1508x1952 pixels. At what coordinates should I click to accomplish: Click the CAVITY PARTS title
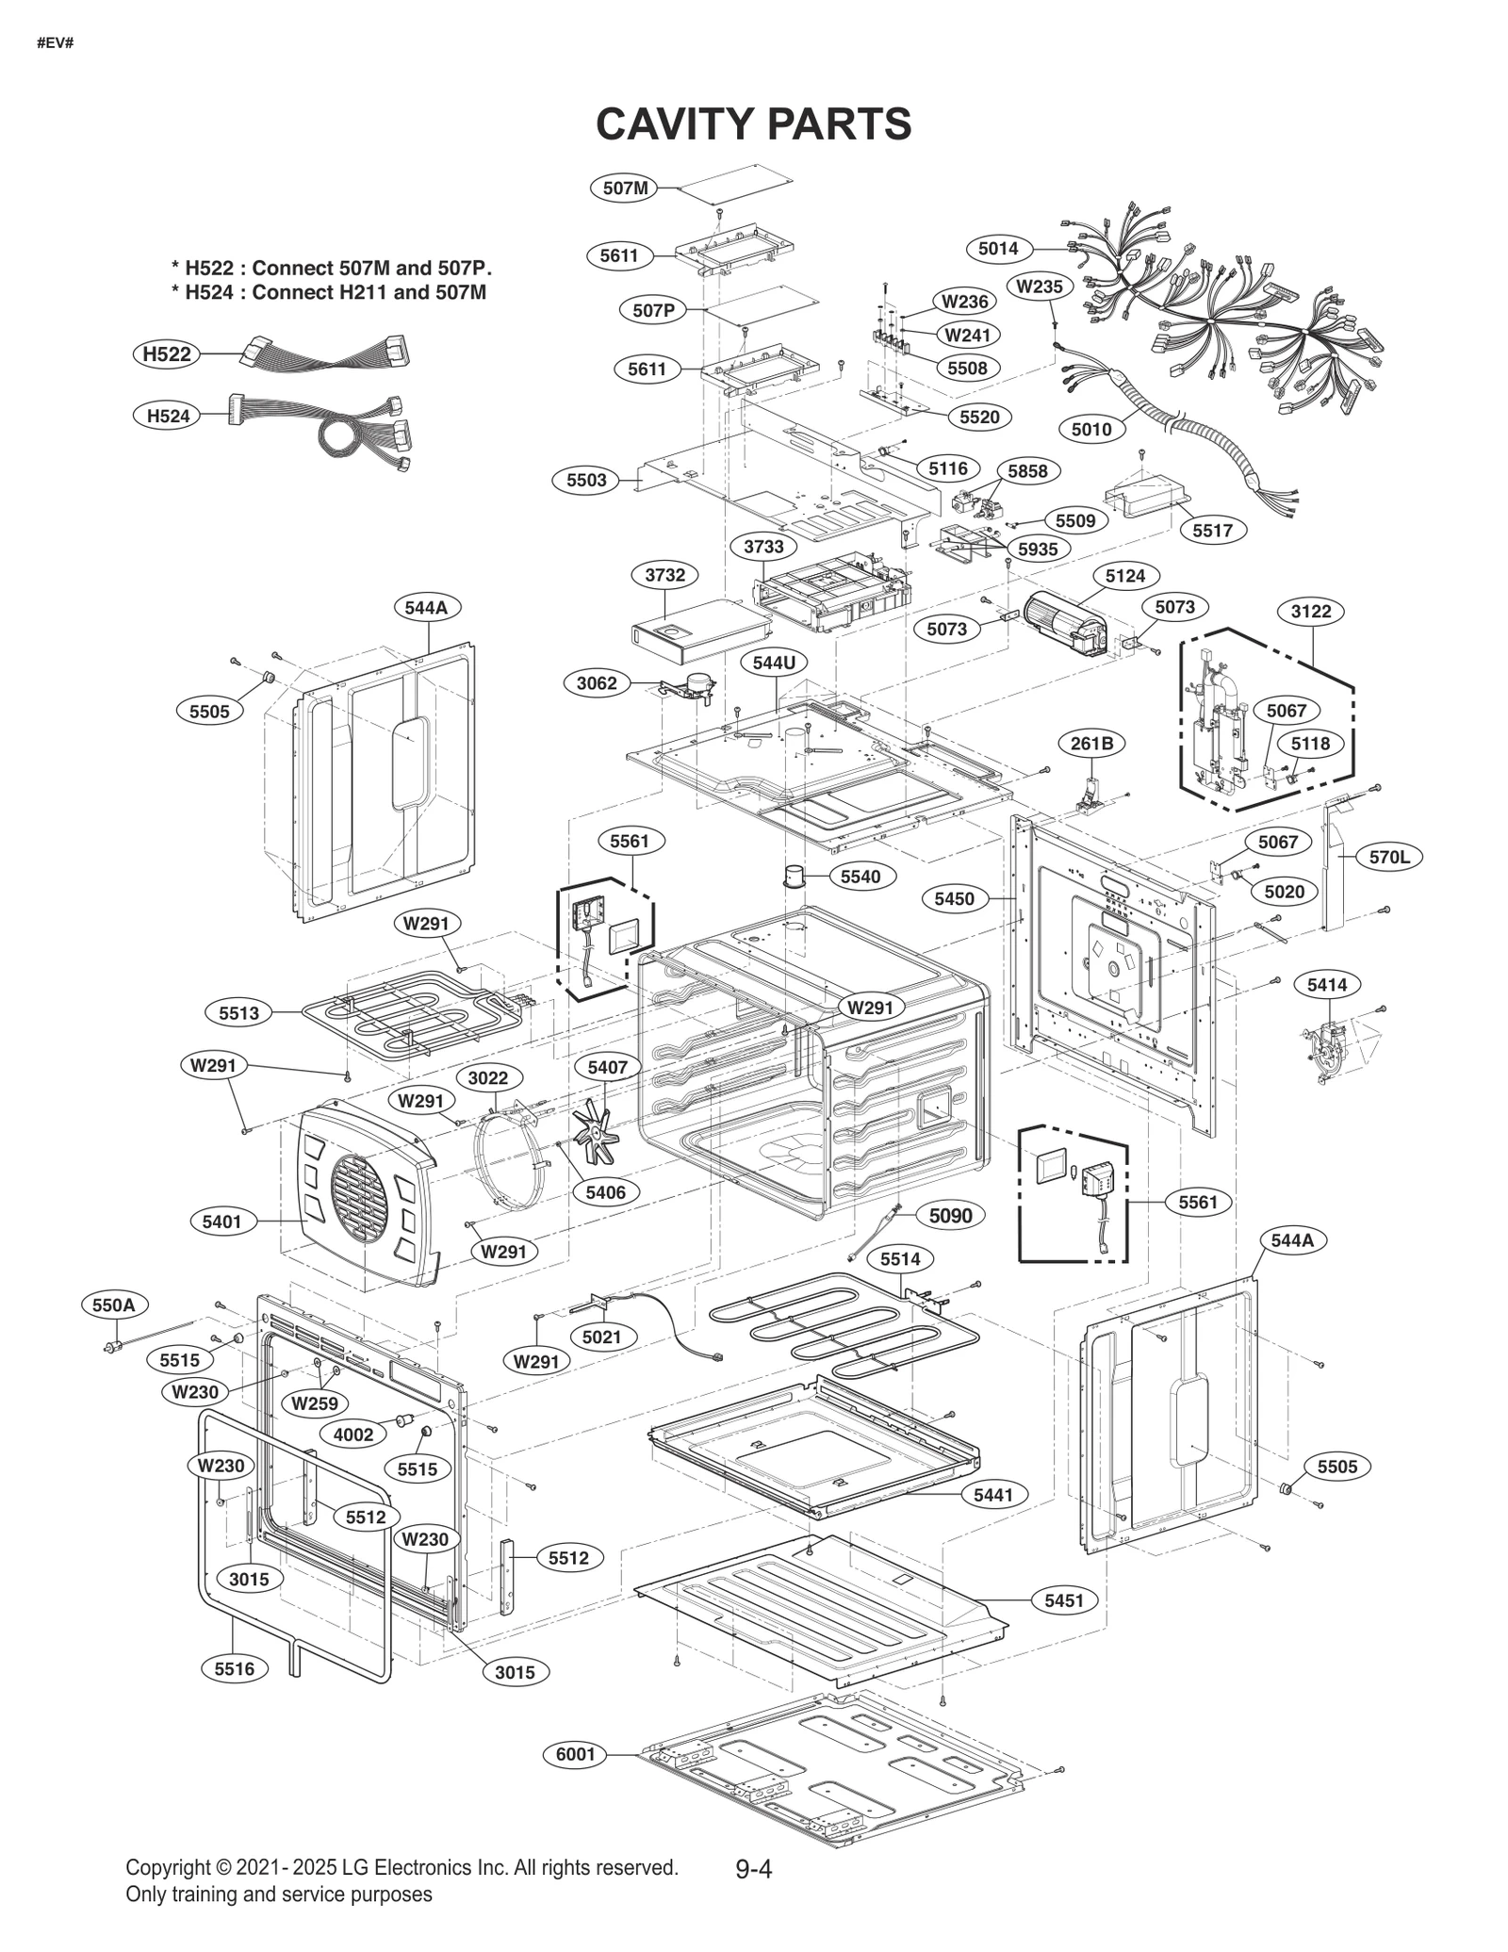tap(753, 123)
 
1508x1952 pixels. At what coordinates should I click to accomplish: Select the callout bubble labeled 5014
tap(997, 249)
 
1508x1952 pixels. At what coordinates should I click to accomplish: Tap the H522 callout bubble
tap(167, 354)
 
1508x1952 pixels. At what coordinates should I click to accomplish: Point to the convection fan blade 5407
tap(591, 1131)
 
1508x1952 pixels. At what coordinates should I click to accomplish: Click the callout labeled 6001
tap(575, 1754)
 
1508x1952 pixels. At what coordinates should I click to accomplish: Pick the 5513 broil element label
tap(238, 1013)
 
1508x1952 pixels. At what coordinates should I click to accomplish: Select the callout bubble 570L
tap(1389, 857)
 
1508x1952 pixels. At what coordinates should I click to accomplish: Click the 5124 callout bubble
tap(1125, 575)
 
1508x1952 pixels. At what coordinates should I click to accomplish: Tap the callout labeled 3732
tap(664, 575)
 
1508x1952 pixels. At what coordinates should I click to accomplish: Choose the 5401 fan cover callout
tap(222, 1222)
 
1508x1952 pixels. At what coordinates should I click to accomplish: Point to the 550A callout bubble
tap(114, 1305)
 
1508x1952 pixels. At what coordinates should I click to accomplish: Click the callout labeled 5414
tap(1327, 985)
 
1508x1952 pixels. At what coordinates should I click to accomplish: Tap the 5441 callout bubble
tap(993, 1495)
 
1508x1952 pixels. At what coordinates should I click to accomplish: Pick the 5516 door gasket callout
tap(234, 1669)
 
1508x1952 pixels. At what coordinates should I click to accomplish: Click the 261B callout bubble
tap(1091, 744)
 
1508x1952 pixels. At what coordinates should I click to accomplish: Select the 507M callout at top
tap(625, 188)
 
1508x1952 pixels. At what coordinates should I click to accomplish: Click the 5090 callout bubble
tap(950, 1216)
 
